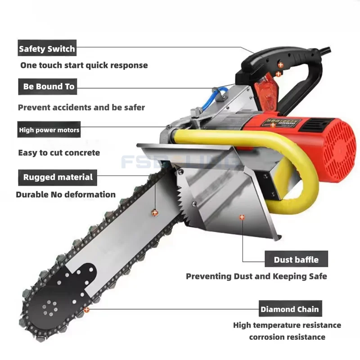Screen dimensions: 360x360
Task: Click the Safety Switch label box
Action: (47, 48)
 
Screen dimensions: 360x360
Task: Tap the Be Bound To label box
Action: (49, 86)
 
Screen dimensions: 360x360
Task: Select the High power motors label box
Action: (49, 130)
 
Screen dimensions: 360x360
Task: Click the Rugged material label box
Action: (58, 177)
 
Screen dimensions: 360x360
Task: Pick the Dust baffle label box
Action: (296, 260)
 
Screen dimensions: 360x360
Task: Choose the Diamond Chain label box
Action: (289, 309)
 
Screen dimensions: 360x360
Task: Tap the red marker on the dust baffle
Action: (242, 217)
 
